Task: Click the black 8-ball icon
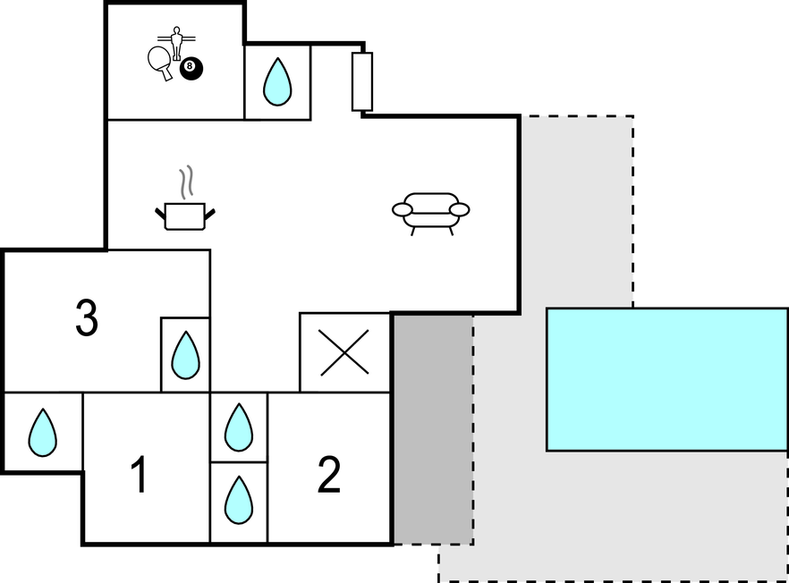tap(190, 67)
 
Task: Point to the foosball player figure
tap(175, 41)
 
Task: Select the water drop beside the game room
tap(277, 82)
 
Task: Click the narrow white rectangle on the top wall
tap(361, 81)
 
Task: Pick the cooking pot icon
tap(185, 215)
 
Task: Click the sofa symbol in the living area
tap(430, 211)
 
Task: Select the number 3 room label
tap(87, 319)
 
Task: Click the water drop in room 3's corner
tap(185, 355)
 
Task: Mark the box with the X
tap(344, 352)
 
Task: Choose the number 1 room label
tap(139, 475)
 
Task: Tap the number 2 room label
tap(329, 475)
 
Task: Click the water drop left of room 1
tap(42, 432)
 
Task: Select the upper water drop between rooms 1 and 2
tap(238, 427)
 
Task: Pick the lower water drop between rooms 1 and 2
tap(238, 499)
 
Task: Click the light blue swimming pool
tap(666, 379)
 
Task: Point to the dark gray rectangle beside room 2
tap(433, 429)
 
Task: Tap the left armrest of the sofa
tap(403, 209)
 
